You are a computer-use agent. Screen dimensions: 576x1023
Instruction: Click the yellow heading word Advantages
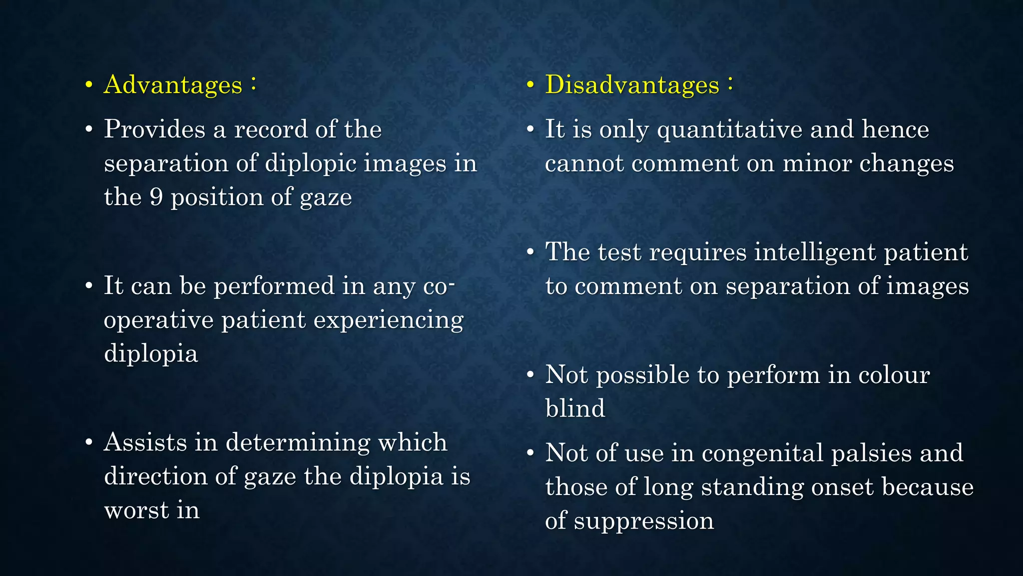(173, 84)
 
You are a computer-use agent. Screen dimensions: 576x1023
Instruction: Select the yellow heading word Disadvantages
(632, 84)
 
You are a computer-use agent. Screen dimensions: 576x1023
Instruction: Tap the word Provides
(154, 129)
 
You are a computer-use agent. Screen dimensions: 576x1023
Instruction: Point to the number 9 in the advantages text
(156, 197)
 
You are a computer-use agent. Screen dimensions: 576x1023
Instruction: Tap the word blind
(575, 408)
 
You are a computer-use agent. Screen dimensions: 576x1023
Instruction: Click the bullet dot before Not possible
(530, 375)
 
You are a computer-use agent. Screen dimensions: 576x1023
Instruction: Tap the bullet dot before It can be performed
(89, 286)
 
